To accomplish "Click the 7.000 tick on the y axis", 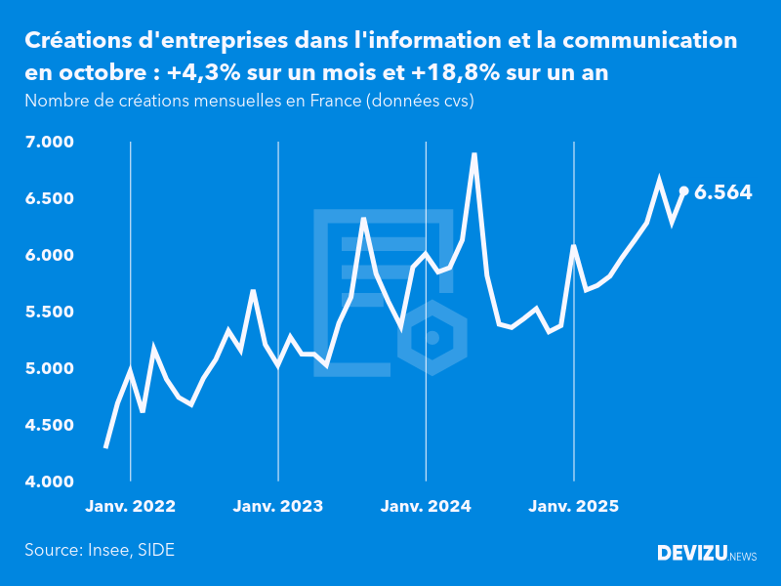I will (49, 143).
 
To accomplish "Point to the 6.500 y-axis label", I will (49, 199).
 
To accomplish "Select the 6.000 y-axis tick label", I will (49, 256).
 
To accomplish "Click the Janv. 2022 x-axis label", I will (131, 507).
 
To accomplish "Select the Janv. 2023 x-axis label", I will (278, 507).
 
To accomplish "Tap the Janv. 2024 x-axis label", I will (426, 507).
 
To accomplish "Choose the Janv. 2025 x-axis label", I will (573, 507).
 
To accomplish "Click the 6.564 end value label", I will (722, 192).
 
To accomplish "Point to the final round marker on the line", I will (683, 191).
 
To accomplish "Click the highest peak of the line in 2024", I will (474, 154).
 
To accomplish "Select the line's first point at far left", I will (105, 447).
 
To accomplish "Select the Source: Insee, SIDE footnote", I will (100, 550).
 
